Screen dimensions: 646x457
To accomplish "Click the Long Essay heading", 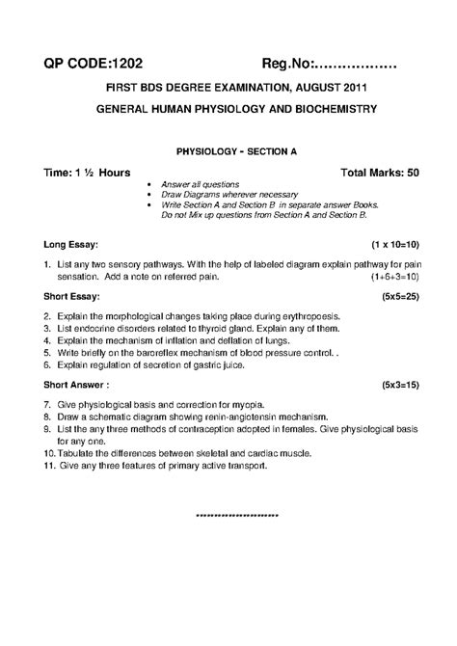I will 69,245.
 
